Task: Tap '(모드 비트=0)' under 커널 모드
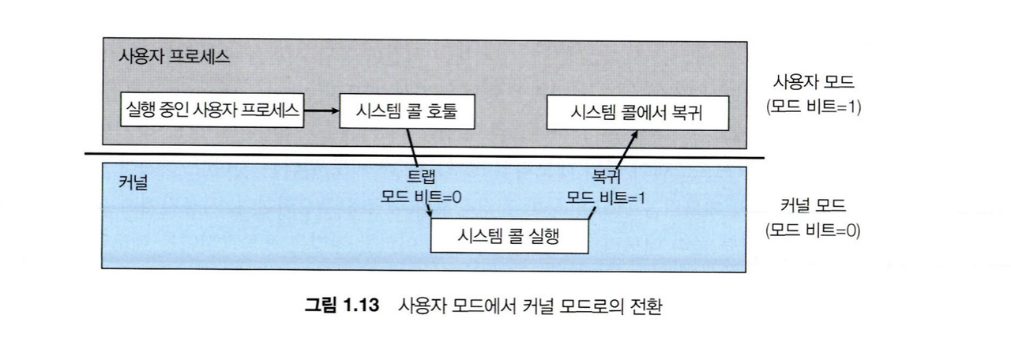click(813, 232)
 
